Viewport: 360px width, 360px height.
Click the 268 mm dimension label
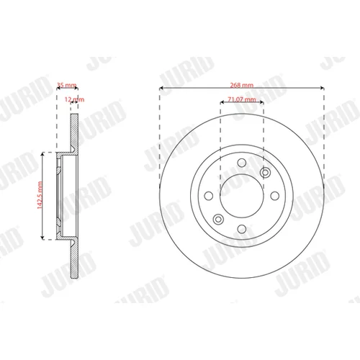coord(242,85)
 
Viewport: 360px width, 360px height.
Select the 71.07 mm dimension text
coord(242,99)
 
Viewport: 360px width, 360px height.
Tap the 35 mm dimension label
coord(66,85)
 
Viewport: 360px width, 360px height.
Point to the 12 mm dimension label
coord(74,99)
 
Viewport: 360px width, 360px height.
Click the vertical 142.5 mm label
coord(40,195)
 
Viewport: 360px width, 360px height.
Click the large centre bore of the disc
coord(242,196)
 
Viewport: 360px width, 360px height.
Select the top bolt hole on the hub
coord(242,163)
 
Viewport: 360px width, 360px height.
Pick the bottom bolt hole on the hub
coord(242,229)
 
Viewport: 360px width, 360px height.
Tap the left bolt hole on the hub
coord(209,196)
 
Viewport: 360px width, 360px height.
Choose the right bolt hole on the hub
coord(275,196)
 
